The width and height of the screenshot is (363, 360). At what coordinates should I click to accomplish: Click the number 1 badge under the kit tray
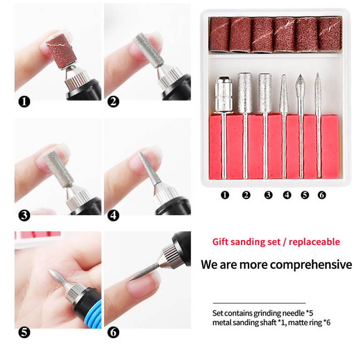[225, 195]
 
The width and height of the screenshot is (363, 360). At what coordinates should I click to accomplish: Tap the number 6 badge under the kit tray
[322, 195]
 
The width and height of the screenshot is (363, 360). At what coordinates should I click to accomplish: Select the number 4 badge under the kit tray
[287, 195]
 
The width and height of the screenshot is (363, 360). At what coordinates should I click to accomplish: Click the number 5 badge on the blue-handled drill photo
[24, 333]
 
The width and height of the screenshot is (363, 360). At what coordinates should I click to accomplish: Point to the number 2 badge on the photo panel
[113, 102]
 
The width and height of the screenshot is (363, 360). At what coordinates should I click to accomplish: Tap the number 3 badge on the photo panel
[24, 216]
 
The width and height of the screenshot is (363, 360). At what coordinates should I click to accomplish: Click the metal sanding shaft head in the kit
[224, 95]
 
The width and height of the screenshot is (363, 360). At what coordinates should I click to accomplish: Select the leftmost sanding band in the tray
[219, 34]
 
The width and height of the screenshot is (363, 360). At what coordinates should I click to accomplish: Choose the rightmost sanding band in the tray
[330, 34]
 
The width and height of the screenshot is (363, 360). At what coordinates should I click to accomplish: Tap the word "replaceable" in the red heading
[314, 242]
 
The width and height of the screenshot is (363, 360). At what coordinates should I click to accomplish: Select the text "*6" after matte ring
[327, 322]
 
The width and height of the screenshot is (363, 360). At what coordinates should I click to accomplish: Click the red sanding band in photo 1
[61, 51]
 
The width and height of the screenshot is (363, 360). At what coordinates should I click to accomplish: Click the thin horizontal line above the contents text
[259, 303]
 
